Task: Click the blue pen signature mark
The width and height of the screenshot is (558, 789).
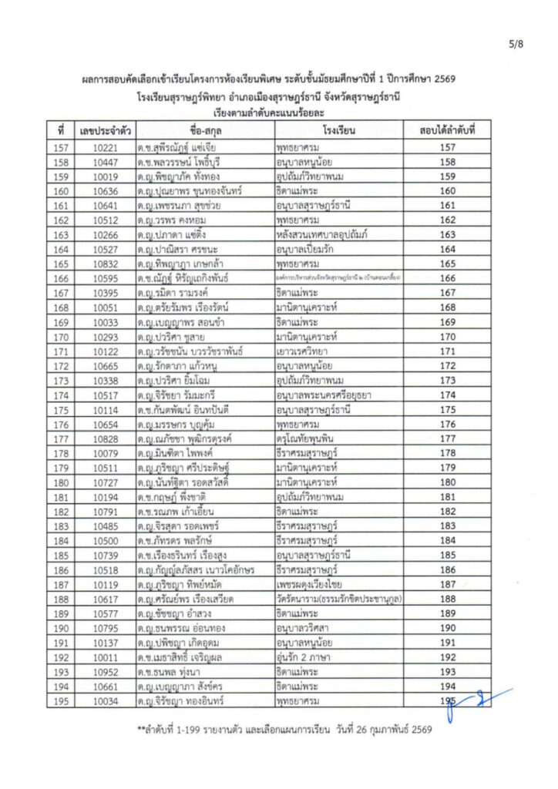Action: click(x=478, y=700)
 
